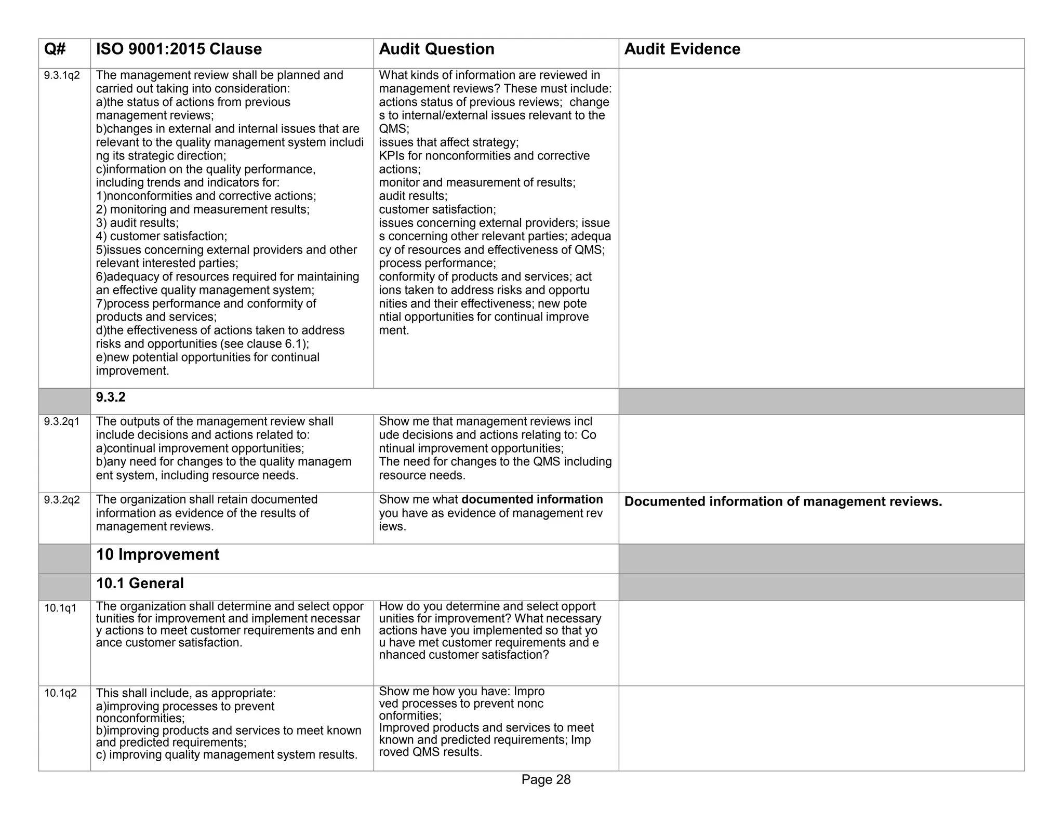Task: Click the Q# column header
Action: tap(55, 49)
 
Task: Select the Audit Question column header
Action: tap(436, 49)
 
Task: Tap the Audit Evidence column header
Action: tap(682, 49)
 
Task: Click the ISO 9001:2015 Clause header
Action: tap(179, 49)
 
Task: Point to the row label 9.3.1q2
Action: tap(62, 76)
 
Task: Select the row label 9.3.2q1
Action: tap(62, 422)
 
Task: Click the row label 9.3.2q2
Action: tap(62, 500)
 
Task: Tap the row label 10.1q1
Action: tap(60, 608)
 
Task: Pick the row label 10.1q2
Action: tap(60, 693)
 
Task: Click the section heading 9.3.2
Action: tap(111, 397)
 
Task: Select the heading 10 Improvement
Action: tap(158, 555)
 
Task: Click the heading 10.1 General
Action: tap(140, 584)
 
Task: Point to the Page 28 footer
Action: tap(546, 779)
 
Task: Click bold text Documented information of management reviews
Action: tap(782, 502)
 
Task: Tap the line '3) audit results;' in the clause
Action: tap(137, 223)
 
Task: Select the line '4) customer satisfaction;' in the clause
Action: tap(162, 236)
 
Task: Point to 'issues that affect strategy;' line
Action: tap(448, 142)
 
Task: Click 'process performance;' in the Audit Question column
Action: tap(437, 263)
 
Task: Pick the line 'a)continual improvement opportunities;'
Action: tap(200, 448)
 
